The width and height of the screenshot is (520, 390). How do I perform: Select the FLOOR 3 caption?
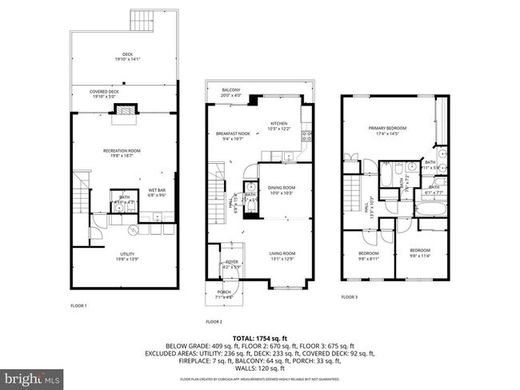(350, 296)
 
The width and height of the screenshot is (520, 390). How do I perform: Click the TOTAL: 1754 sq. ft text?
(259, 339)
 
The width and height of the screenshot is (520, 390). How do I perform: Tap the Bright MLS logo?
(32, 376)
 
